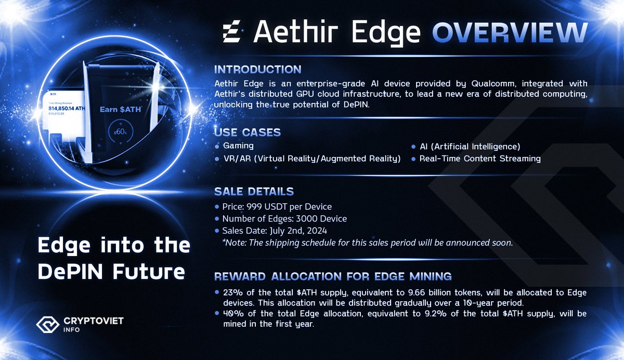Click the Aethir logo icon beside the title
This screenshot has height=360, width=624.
click(x=232, y=33)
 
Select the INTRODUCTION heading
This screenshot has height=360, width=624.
click(x=257, y=69)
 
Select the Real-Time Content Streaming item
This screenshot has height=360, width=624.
click(x=480, y=159)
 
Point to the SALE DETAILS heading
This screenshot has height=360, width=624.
click(x=254, y=191)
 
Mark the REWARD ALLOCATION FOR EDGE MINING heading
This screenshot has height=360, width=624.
click(x=333, y=276)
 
